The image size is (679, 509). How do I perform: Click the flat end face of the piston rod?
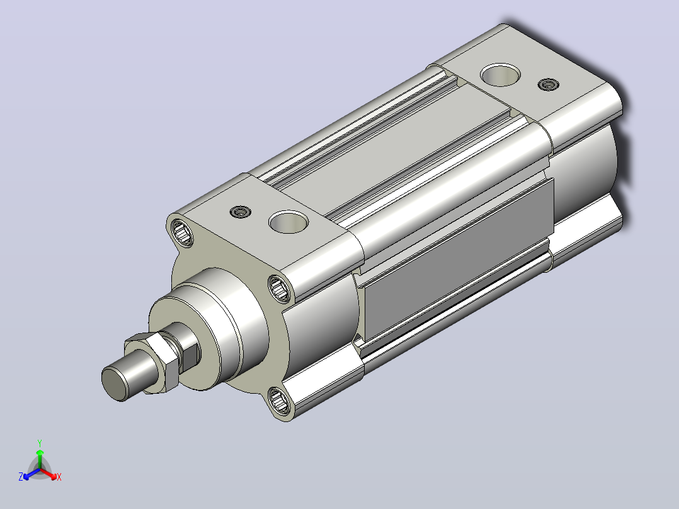click(114, 384)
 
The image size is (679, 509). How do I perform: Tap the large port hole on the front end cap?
click(288, 222)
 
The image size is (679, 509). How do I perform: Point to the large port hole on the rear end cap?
click(501, 75)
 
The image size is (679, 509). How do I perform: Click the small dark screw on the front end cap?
click(241, 212)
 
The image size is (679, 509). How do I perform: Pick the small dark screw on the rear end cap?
click(548, 84)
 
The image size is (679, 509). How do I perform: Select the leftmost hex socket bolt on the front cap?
click(182, 232)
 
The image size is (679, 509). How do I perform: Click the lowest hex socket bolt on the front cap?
click(279, 401)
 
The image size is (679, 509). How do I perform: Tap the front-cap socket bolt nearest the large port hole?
click(280, 288)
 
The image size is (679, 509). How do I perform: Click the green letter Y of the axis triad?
click(40, 443)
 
